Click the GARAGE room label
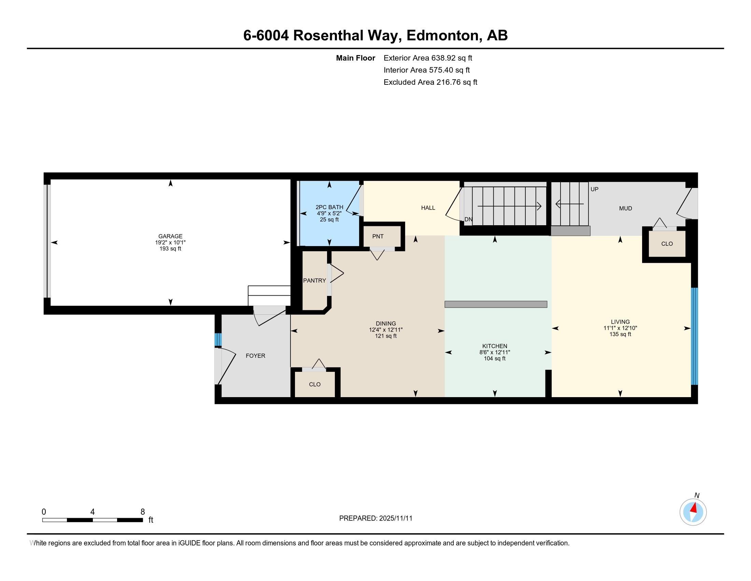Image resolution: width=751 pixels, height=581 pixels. click(x=170, y=236)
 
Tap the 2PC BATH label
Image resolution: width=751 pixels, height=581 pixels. click(x=329, y=207)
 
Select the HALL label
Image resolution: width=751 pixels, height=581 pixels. click(x=428, y=208)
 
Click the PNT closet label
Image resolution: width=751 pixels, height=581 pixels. click(x=378, y=237)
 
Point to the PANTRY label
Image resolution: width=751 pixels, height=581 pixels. click(x=314, y=281)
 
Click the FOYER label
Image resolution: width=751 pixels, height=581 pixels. click(x=255, y=356)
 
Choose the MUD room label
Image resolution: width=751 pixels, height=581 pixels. click(x=625, y=208)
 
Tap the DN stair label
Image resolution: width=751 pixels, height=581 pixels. click(x=468, y=219)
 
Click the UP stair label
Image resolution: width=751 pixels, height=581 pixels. click(x=595, y=189)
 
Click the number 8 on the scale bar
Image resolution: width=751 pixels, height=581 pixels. click(x=143, y=512)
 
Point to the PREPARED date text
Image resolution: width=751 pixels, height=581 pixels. click(x=375, y=518)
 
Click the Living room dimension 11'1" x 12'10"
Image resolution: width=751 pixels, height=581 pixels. click(x=620, y=328)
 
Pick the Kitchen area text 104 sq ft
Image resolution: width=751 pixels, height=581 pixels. click(x=495, y=359)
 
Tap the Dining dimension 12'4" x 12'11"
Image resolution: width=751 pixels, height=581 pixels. click(x=386, y=330)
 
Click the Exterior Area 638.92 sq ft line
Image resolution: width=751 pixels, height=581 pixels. click(x=428, y=58)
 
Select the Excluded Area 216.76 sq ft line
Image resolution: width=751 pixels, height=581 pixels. click(x=430, y=82)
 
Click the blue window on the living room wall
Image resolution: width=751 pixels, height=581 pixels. click(x=695, y=336)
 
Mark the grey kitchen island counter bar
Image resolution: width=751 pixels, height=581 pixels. click(x=496, y=304)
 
